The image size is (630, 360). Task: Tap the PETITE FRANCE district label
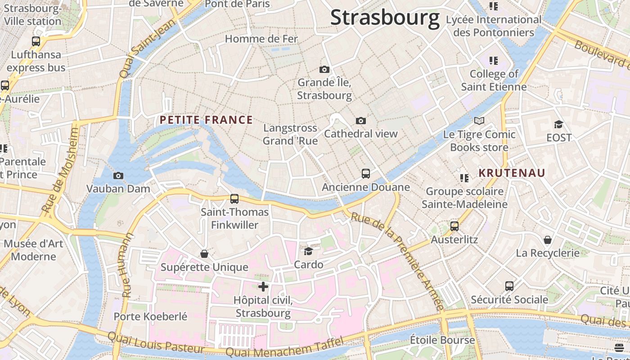[206, 120]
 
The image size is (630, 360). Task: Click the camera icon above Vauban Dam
[118, 175]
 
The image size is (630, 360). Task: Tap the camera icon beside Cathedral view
[360, 121]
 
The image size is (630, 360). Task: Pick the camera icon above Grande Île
[324, 69]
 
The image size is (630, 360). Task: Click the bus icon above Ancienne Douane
[366, 173]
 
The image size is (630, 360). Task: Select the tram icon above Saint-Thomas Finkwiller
[234, 198]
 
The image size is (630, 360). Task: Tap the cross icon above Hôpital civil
[263, 287]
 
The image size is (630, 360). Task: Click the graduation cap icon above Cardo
[308, 251]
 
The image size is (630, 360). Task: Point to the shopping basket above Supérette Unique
[204, 254]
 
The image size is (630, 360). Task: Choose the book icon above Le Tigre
[479, 121]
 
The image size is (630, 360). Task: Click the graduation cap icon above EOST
[558, 124]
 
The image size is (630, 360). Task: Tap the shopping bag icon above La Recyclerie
[548, 239]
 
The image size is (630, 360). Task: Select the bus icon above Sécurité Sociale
[509, 286]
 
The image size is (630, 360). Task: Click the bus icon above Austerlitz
[454, 226]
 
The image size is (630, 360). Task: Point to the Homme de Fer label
[261, 39]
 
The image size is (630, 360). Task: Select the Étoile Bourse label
[442, 340]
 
